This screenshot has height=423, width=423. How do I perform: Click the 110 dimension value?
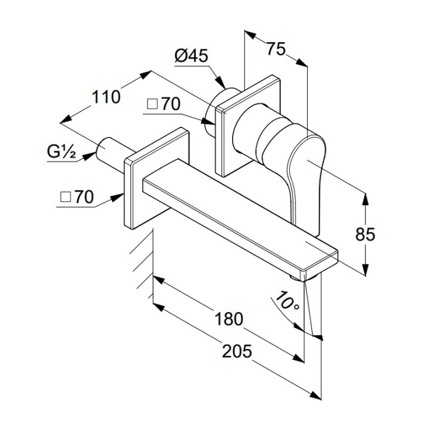coord(106,96)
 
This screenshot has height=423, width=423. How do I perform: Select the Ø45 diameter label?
coord(192,56)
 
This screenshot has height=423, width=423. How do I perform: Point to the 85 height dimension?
coord(365,234)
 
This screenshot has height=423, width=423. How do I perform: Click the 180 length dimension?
coord(229,319)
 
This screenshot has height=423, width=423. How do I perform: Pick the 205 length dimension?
coord(237,351)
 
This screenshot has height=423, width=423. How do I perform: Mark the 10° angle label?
coord(286,303)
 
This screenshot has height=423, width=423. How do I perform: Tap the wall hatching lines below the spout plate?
coord(141,253)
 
